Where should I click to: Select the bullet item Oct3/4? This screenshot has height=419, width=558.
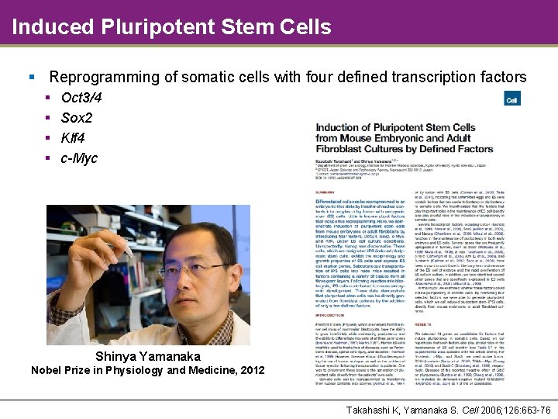tap(81, 98)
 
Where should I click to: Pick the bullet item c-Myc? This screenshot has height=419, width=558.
tap(79, 158)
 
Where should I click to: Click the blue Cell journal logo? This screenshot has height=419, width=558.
tap(511, 99)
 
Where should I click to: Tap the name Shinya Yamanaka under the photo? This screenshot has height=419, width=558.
tap(147, 356)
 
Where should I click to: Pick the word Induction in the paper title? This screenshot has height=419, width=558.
tap(340, 127)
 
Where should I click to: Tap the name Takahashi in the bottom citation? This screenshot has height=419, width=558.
tap(373, 409)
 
